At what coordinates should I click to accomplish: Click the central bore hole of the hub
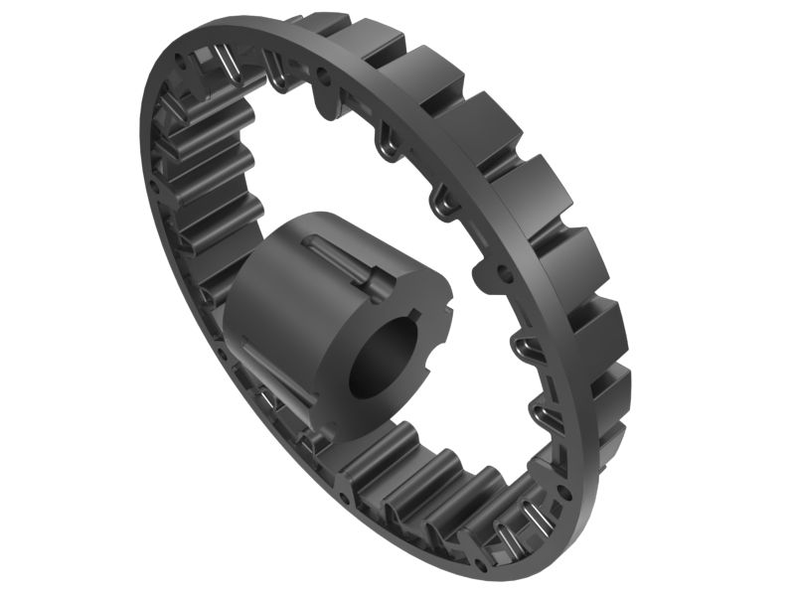pyautogui.click(x=383, y=361)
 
